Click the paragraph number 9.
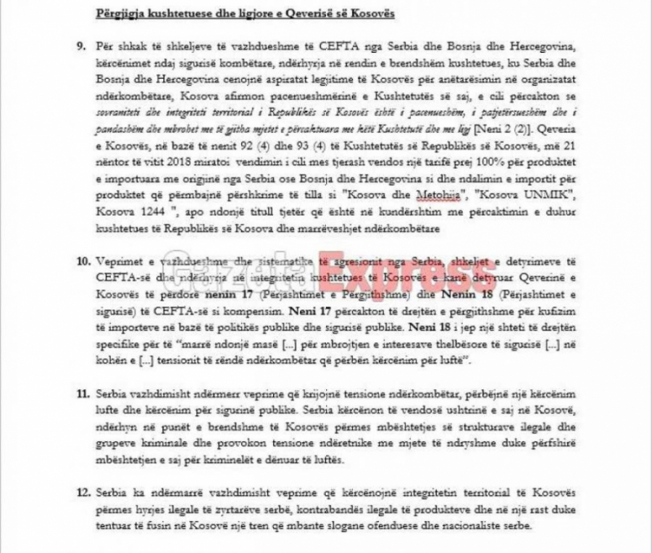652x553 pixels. click(81, 46)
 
